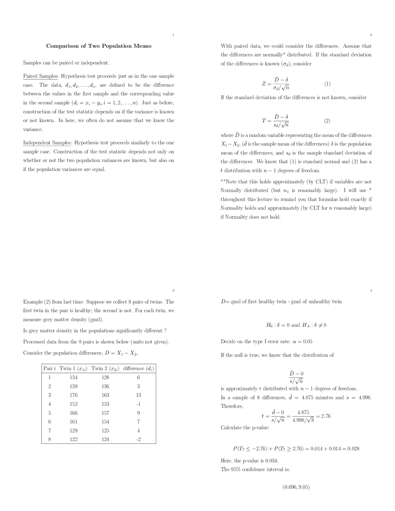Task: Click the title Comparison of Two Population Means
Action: point(99,46)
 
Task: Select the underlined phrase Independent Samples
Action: point(47,143)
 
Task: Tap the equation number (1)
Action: point(327,84)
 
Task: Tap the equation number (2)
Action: point(327,121)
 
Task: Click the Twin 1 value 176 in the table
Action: point(73,395)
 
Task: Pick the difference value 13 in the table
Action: point(138,395)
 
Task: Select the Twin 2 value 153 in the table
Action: point(105,404)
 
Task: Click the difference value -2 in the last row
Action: point(138,439)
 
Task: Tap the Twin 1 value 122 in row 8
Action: point(73,439)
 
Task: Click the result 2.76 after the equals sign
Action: point(326,416)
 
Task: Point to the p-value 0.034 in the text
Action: point(272,461)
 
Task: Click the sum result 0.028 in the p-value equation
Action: point(353,449)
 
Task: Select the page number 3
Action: point(173,290)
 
